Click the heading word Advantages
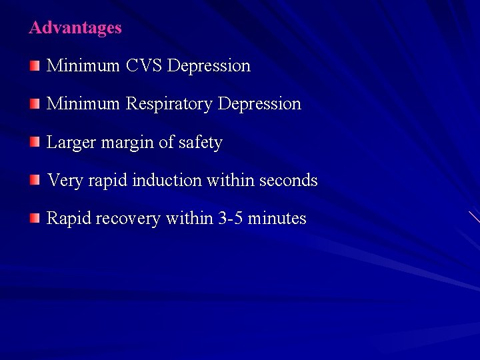(x=75, y=28)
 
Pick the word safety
(x=199, y=143)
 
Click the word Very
(x=64, y=181)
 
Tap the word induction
(x=167, y=181)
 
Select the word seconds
(x=288, y=181)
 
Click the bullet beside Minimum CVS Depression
(x=35, y=65)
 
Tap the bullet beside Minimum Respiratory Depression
(x=35, y=103)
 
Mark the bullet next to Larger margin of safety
(x=35, y=142)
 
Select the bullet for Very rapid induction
(x=35, y=180)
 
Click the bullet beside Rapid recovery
(x=35, y=218)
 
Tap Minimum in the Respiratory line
(x=83, y=104)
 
